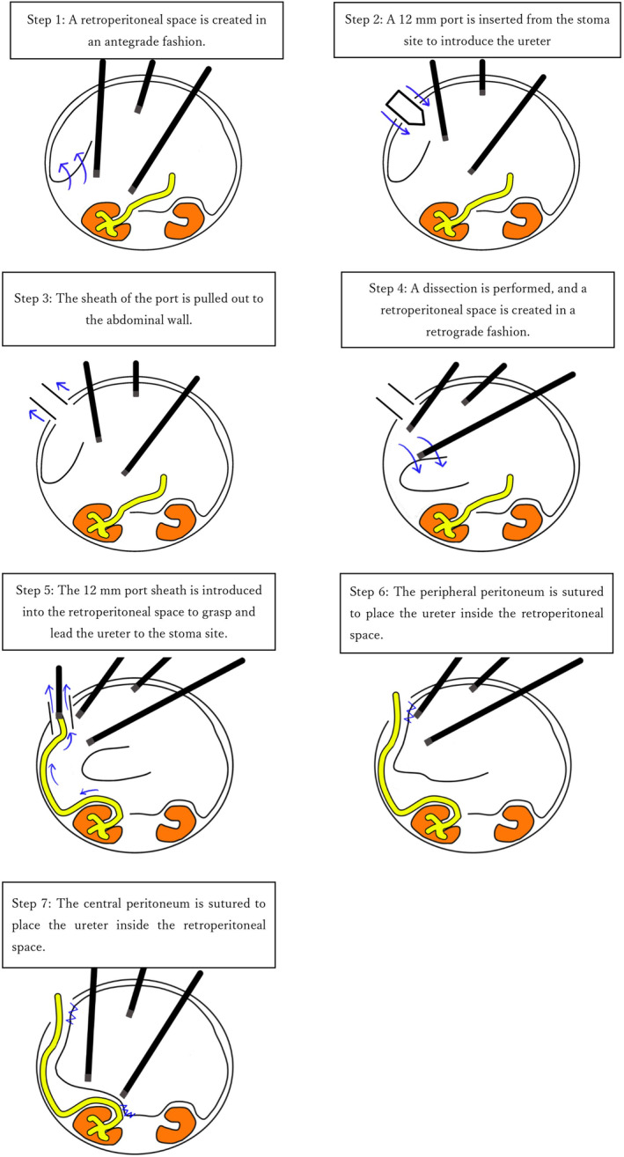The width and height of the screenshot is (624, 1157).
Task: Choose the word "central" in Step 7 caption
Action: click(103, 903)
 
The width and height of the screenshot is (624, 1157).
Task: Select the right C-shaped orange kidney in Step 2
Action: click(524, 221)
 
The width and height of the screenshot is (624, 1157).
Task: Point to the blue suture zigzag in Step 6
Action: click(411, 711)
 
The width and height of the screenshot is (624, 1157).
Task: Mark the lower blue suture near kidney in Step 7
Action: click(128, 1109)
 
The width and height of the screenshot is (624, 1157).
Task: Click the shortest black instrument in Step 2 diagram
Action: click(482, 77)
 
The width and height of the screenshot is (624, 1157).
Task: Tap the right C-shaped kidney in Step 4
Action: click(522, 523)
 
